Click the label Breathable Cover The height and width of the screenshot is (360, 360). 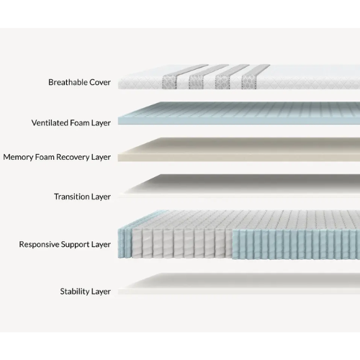coord(79,82)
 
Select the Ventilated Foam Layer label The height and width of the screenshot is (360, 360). coord(71,122)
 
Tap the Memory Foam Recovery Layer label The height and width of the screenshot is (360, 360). coord(57,156)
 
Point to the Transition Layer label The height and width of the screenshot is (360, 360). coord(82,196)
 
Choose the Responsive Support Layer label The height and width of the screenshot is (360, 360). coord(65,244)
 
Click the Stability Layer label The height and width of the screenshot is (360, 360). coord(85,292)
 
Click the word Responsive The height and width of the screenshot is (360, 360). coord(40,244)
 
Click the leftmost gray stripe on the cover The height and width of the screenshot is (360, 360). coord(167,79)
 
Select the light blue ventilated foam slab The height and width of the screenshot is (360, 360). coord(238,115)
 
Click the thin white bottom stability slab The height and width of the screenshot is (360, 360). coord(238,285)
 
